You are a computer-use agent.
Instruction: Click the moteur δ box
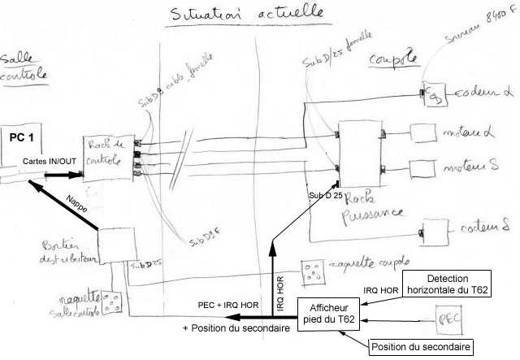[422, 168]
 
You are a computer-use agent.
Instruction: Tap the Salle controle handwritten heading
[23, 67]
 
